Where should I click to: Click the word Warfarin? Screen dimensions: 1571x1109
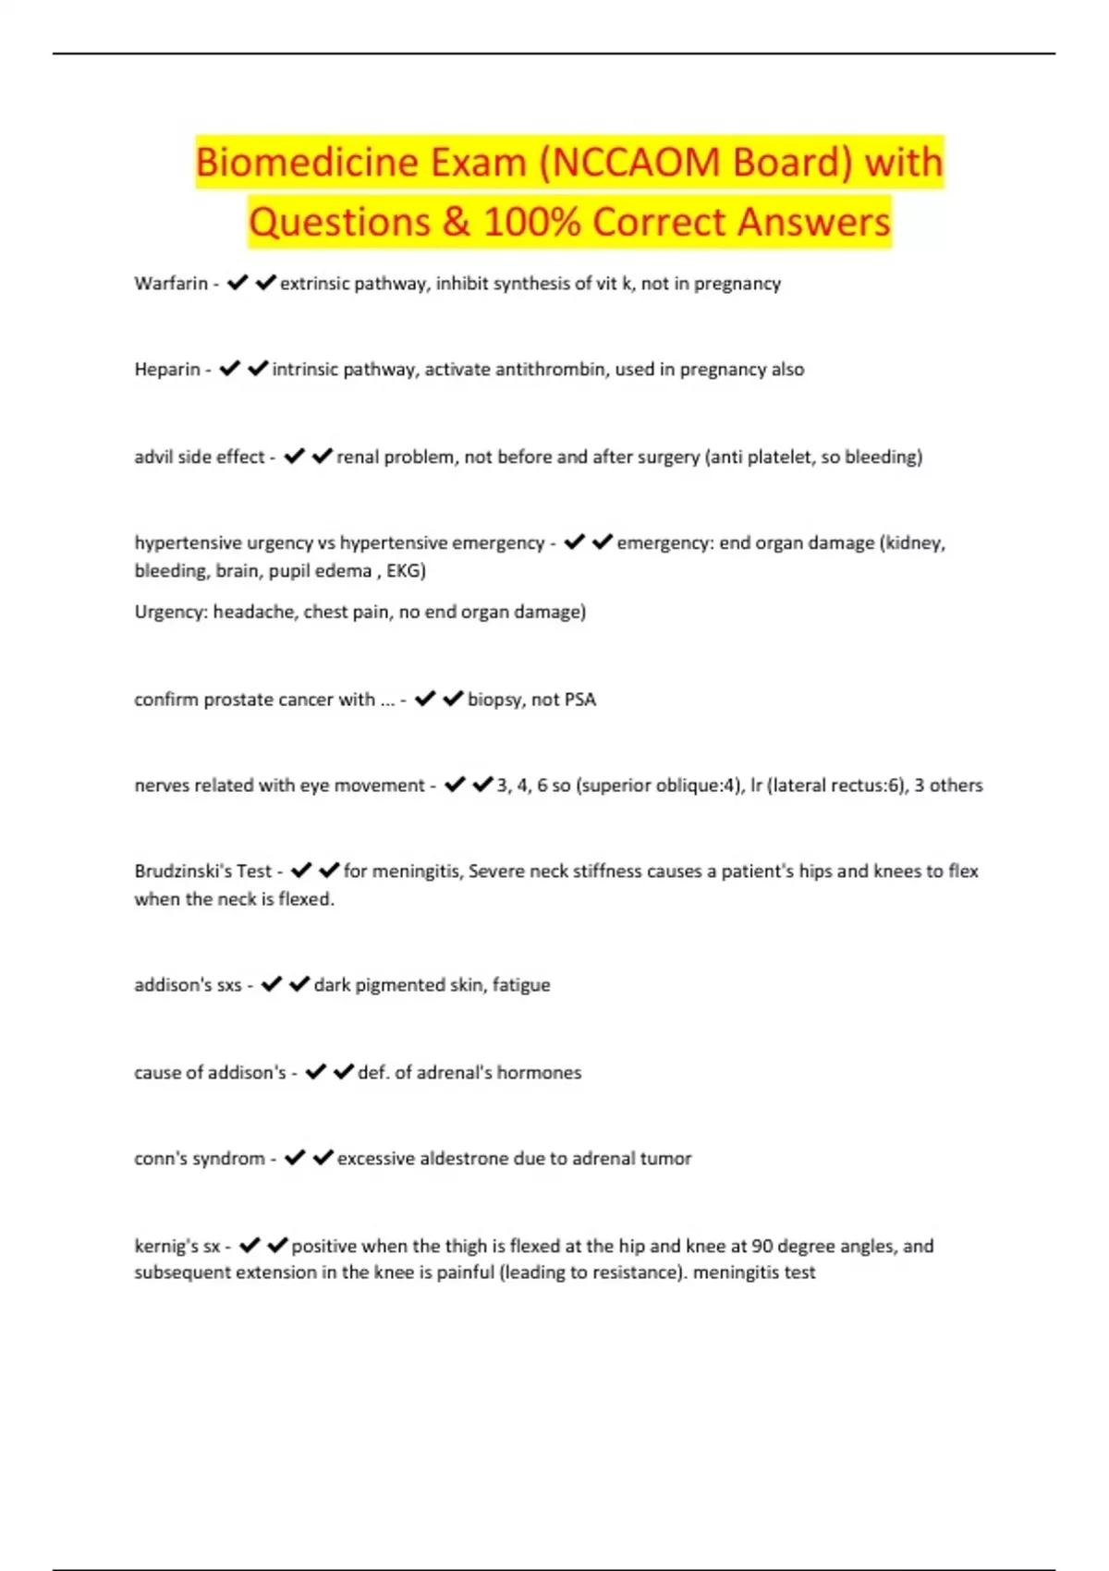tap(171, 284)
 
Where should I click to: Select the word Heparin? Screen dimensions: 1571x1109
tap(167, 370)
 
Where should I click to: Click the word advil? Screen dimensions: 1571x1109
tap(154, 457)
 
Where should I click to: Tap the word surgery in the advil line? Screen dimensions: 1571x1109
tap(665, 457)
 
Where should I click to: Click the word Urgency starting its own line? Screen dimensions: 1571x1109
tap(171, 612)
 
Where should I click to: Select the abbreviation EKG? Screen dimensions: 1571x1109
tap(405, 571)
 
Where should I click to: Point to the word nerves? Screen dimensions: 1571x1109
tap(162, 785)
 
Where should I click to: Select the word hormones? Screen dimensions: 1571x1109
tap(539, 1073)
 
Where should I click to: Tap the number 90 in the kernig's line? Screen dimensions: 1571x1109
tap(762, 1246)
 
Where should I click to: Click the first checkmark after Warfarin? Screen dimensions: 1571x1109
tap(238, 283)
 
